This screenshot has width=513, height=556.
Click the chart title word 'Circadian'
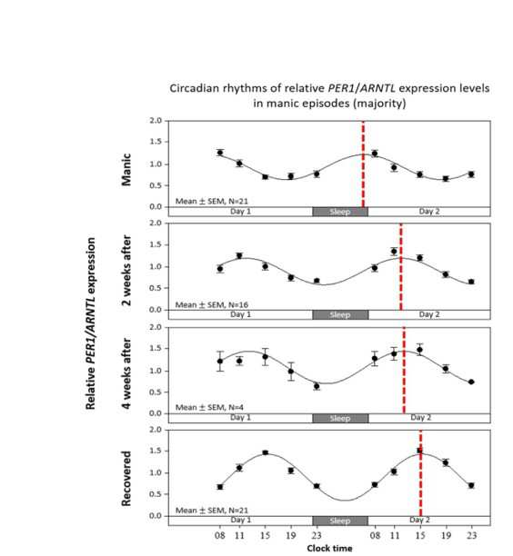tap(195, 88)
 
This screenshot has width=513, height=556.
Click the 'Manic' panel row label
tap(126, 170)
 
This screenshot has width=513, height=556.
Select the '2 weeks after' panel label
tap(126, 270)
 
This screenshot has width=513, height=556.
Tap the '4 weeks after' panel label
tap(126, 373)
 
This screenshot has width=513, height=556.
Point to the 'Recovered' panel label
tap(126, 479)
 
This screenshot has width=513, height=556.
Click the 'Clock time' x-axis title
tap(329, 548)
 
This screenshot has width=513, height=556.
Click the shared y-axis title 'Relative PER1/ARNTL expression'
tap(91, 323)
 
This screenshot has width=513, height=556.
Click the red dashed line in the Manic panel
tap(363, 164)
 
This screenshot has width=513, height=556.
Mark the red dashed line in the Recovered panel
tap(420, 473)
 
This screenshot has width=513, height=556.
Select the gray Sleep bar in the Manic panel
tap(340, 212)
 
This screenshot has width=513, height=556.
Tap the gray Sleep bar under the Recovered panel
tap(340, 521)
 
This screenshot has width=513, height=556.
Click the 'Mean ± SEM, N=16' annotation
tap(212, 304)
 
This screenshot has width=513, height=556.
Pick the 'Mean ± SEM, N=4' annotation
tap(209, 407)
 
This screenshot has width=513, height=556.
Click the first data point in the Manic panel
tap(220, 153)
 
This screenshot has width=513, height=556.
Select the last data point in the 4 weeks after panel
tap(471, 382)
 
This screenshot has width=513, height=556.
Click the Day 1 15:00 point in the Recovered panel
tap(266, 452)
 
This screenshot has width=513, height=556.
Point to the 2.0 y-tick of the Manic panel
tap(156, 121)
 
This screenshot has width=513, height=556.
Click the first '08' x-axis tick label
tap(220, 535)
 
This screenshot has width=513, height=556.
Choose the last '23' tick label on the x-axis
tap(471, 535)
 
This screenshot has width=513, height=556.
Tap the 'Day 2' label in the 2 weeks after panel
tap(429, 314)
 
